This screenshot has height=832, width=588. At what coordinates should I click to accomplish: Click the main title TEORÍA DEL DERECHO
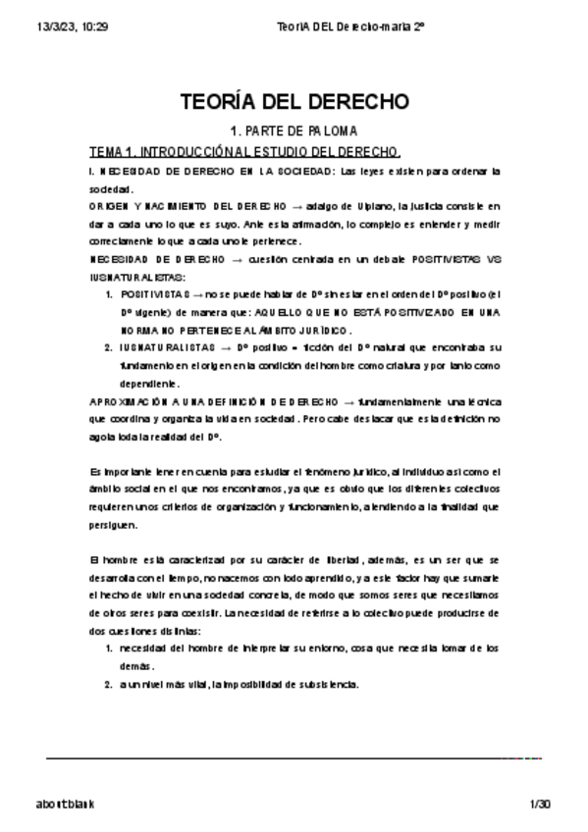294,103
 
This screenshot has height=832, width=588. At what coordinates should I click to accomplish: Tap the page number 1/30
540,804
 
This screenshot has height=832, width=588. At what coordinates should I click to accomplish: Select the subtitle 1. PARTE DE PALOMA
294,130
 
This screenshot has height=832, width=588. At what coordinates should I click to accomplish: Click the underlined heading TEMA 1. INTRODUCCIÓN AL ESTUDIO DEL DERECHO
244,152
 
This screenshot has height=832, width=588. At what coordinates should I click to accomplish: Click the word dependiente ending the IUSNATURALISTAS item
150,383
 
